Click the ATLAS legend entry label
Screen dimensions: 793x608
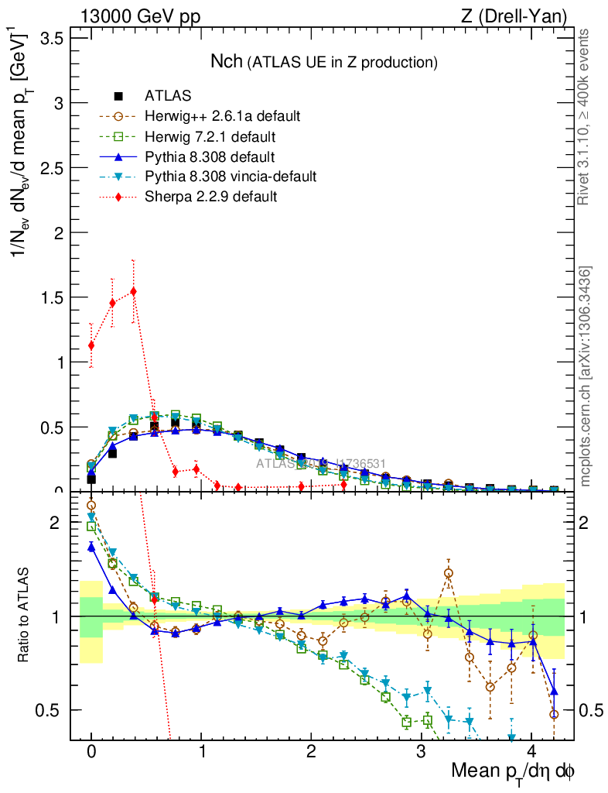[x=168, y=96]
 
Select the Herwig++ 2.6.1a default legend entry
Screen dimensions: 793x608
[x=222, y=116]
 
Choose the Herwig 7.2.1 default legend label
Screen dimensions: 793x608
[x=210, y=136]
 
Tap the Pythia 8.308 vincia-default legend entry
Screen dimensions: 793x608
[x=231, y=177]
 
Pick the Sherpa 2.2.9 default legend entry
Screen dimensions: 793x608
[x=210, y=197]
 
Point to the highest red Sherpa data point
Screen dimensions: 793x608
[x=134, y=291]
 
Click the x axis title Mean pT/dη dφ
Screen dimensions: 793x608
[x=513, y=772]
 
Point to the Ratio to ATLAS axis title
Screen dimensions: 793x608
[x=24, y=616]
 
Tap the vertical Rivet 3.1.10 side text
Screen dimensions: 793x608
[x=585, y=116]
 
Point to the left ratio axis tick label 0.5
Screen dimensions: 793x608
[x=51, y=710]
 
